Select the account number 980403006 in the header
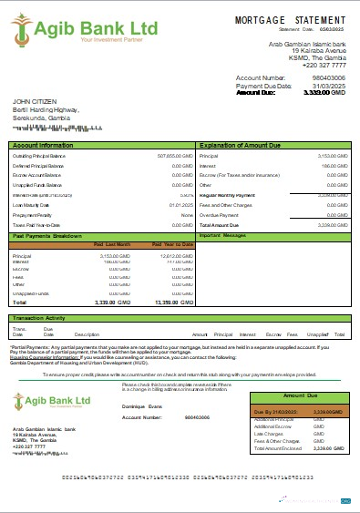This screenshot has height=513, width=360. tap(327, 78)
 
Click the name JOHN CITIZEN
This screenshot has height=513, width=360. tap(35, 102)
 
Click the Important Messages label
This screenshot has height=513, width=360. tap(222, 235)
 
